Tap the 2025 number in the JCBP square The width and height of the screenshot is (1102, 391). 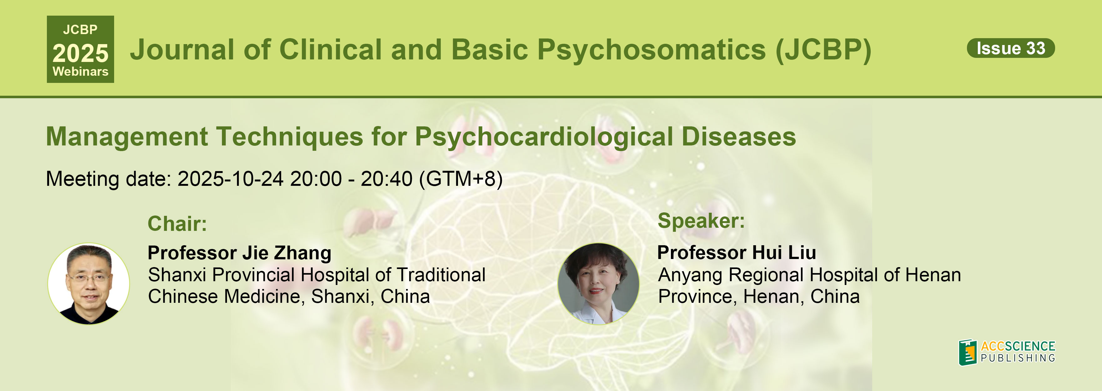pos(80,53)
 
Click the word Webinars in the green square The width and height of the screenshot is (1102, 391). pos(80,72)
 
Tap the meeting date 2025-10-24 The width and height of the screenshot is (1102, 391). pos(230,179)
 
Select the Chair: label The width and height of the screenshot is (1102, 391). pos(177,224)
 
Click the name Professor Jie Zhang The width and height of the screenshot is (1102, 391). pos(239,253)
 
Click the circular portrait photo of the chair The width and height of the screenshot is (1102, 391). pos(88,283)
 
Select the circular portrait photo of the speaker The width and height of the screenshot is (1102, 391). pos(598,283)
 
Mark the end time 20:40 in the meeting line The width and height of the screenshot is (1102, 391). pos(386,179)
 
